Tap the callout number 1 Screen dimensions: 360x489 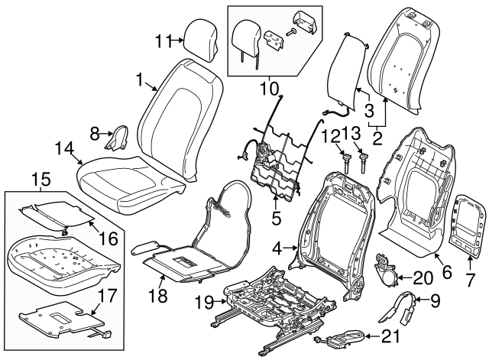[x=140, y=79]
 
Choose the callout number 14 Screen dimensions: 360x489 [x=65, y=148]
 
